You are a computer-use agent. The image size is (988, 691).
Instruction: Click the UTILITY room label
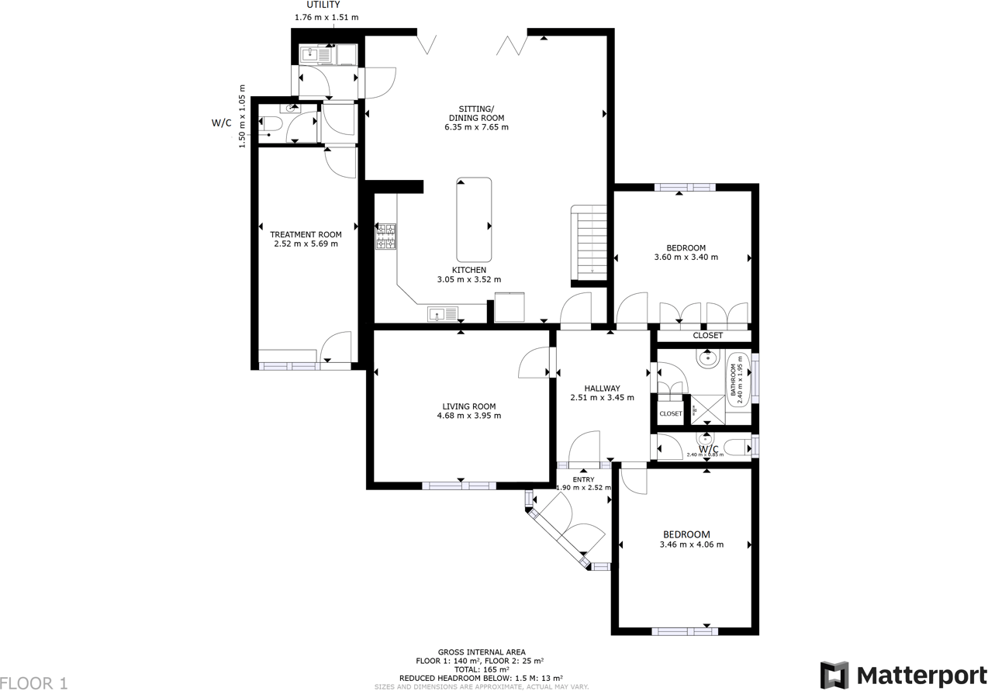[323, 5]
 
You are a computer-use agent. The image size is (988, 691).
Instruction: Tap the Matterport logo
[903, 674]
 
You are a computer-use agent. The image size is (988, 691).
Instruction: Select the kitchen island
[474, 219]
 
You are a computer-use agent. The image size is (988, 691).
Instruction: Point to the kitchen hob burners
[386, 237]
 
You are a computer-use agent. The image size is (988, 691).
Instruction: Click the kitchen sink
[442, 315]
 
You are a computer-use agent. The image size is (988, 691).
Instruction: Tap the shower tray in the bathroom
[707, 410]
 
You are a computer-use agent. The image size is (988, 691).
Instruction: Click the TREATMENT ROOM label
[306, 234]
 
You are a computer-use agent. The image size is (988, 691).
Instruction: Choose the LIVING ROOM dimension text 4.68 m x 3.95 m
[468, 416]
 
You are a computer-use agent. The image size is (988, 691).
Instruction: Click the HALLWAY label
[602, 389]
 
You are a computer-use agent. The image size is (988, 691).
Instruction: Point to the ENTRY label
[583, 479]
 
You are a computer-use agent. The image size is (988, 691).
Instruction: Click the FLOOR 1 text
[34, 683]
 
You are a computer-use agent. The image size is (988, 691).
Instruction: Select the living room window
[459, 486]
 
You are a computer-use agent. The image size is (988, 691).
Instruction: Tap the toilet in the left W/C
[271, 124]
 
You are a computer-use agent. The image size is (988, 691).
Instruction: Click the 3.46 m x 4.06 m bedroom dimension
[691, 544]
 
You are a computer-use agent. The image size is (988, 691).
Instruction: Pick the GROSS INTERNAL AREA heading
[481, 652]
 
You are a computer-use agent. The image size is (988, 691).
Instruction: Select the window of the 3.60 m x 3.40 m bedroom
[684, 187]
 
